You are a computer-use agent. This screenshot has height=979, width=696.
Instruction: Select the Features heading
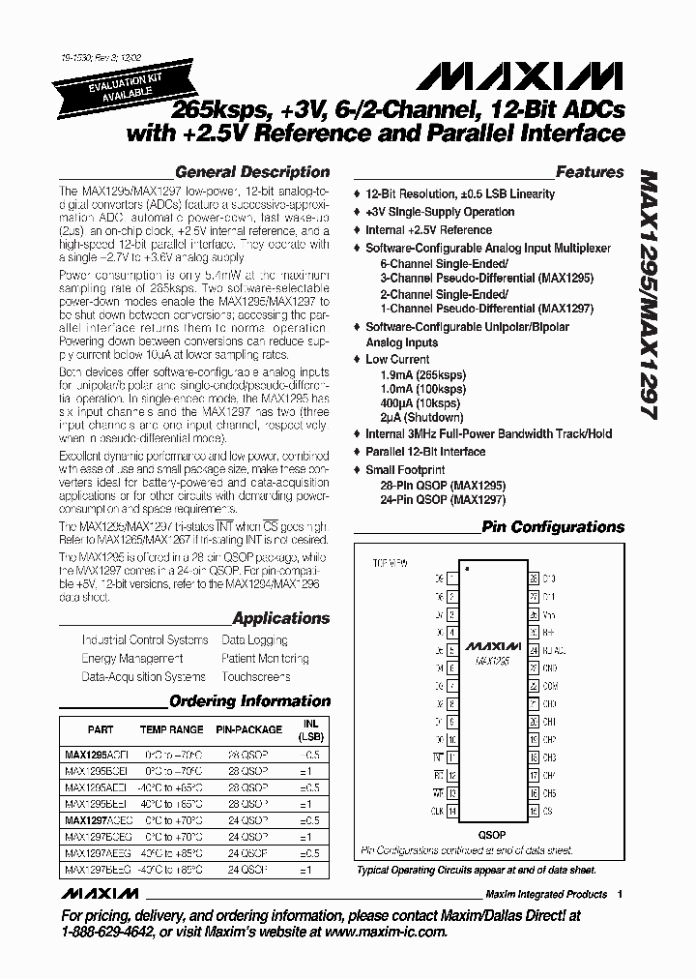coord(590,172)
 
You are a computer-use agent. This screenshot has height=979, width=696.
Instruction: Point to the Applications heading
coord(281,618)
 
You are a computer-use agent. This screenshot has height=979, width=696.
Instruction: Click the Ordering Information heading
coord(249,701)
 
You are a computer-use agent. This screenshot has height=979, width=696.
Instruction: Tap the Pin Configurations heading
coord(553,527)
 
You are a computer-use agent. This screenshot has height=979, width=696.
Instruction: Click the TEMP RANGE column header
coord(172,730)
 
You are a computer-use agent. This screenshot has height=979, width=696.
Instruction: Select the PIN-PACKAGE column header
coord(248,730)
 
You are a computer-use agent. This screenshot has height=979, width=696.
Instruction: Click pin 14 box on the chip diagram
coord(452,811)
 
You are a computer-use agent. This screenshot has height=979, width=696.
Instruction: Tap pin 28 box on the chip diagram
coord(533,578)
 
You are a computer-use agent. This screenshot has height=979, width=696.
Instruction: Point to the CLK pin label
coord(437,811)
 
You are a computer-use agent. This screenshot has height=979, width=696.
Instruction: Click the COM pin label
coord(549,685)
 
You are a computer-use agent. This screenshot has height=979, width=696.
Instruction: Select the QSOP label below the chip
coord(492,834)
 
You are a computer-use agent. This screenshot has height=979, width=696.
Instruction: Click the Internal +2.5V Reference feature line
coord(428,230)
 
